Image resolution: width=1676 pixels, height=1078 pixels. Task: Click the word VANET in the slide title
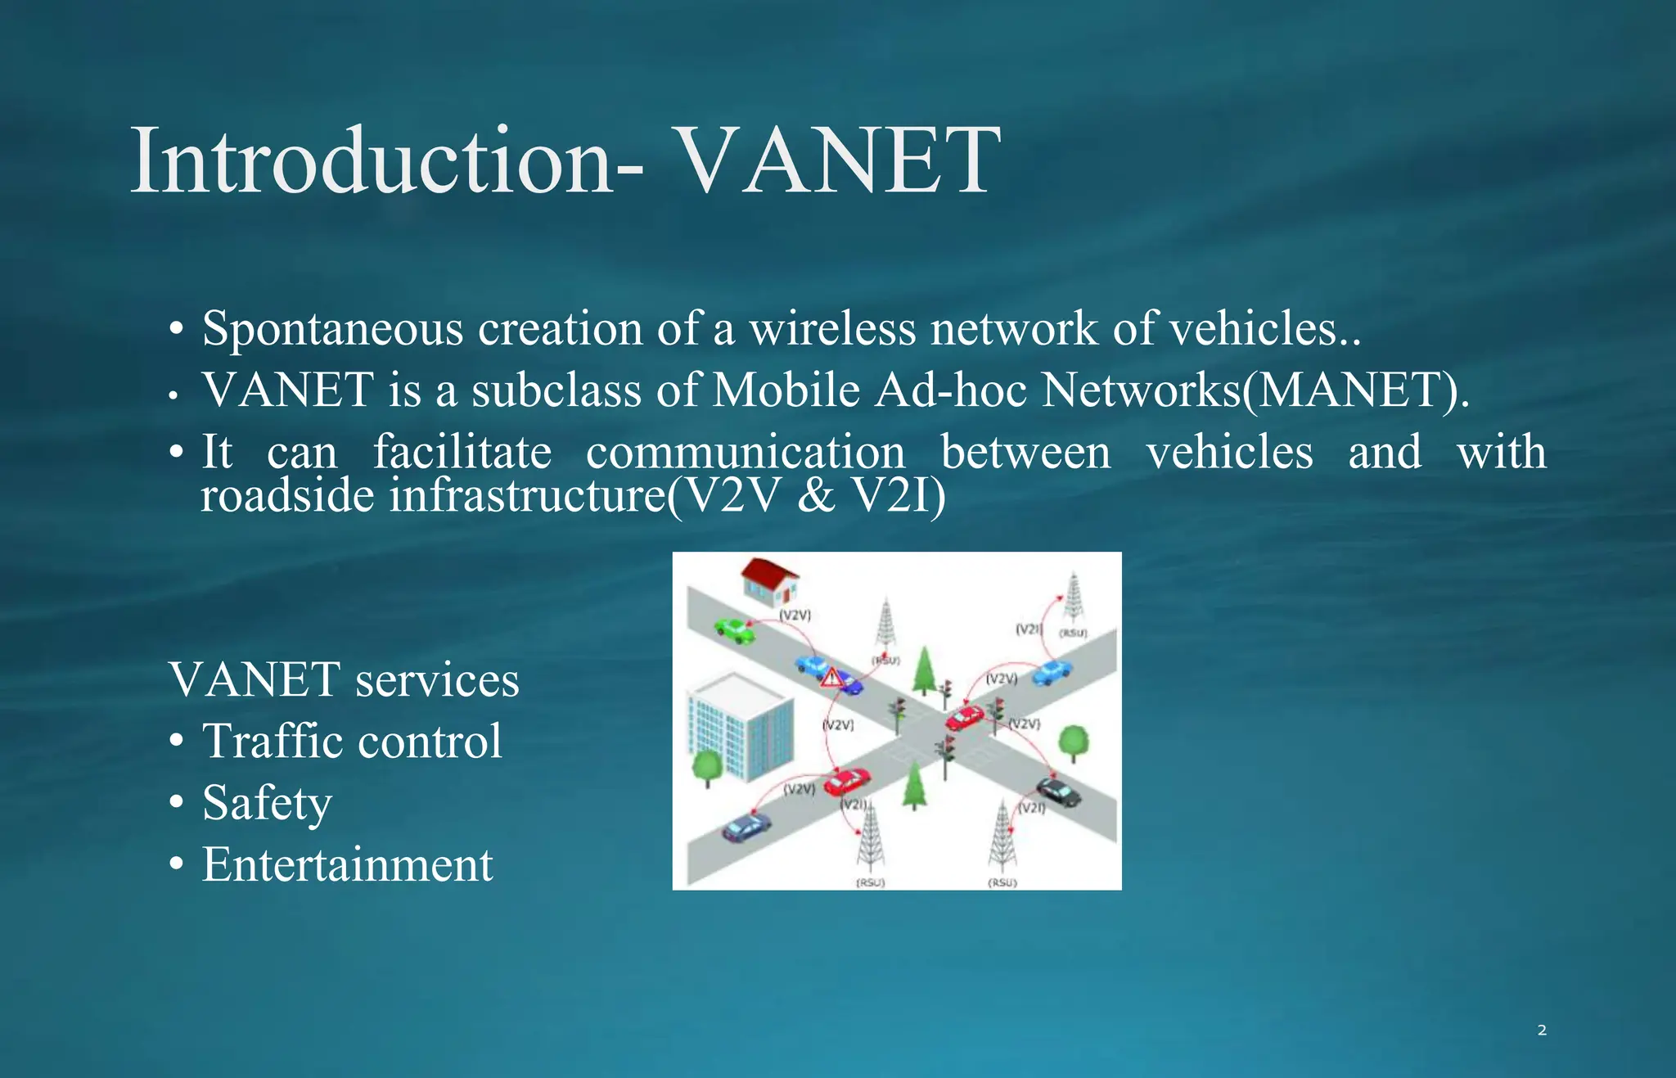[839, 161]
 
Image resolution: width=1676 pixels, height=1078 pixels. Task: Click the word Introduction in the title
[372, 161]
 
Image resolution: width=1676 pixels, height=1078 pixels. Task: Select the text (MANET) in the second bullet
[1354, 390]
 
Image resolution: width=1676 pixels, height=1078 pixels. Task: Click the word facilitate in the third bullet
[462, 453]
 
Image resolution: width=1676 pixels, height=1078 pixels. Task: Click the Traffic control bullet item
[352, 742]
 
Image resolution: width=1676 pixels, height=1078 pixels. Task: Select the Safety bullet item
[267, 803]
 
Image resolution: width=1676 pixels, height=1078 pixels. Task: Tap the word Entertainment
[348, 865]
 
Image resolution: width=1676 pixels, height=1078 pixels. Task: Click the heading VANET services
[344, 680]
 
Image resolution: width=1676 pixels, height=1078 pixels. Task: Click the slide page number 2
[1542, 1031]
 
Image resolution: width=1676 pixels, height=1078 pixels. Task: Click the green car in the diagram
[734, 629]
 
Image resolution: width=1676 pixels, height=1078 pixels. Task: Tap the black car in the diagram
[1059, 792]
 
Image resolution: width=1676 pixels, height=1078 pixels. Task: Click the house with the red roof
[769, 580]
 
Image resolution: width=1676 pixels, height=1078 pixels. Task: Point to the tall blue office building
[739, 725]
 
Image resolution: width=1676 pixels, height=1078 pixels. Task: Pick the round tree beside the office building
[707, 767]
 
